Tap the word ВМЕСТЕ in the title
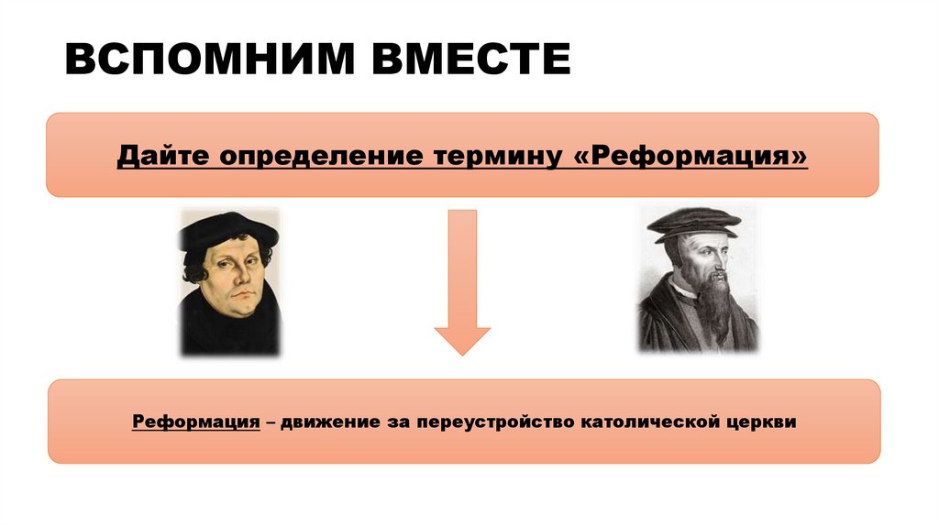pyautogui.click(x=469, y=60)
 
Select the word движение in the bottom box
pyautogui.click(x=329, y=422)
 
